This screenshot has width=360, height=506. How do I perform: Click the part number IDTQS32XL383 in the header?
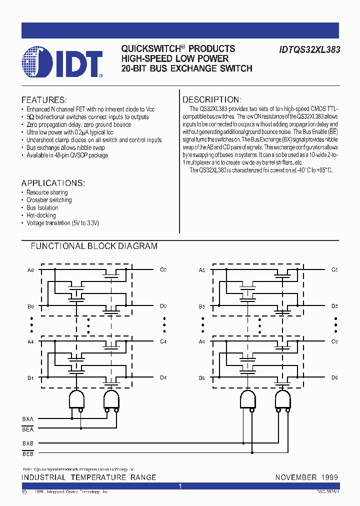tap(306, 49)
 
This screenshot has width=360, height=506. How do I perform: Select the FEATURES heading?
tap(44, 100)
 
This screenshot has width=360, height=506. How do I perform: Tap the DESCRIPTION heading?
tap(211, 100)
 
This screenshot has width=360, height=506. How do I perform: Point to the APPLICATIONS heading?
tap(53, 183)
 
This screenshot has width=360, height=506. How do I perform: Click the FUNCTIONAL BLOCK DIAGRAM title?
tap(94, 246)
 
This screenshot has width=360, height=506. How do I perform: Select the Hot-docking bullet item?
tap(41, 215)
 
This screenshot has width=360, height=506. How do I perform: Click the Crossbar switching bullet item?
tap(49, 200)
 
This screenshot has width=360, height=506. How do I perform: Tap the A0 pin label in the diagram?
tap(31, 270)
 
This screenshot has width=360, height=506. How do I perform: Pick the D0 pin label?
tap(163, 306)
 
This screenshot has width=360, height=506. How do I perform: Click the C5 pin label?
tap(334, 270)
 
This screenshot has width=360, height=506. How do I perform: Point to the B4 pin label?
tap(30, 378)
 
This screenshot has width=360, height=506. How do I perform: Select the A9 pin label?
tap(202, 342)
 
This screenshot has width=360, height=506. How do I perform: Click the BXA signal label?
tap(28, 418)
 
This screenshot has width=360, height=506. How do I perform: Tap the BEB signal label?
tap(28, 453)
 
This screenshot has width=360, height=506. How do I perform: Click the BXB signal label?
tap(28, 443)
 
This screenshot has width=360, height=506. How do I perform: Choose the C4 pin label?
tap(163, 342)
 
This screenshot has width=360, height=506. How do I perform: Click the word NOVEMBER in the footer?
tap(295, 477)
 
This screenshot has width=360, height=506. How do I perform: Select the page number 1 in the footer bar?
tap(180, 486)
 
